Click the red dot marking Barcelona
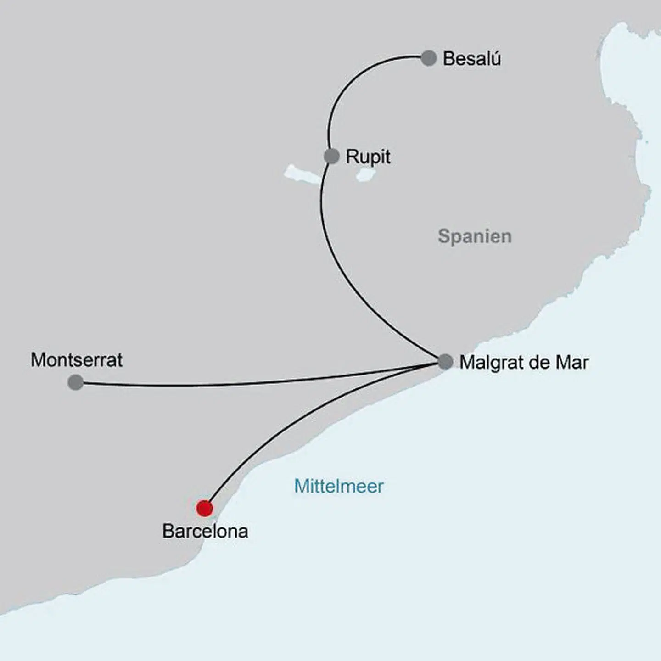pyautogui.click(x=204, y=508)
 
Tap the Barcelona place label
pyautogui.click(x=205, y=532)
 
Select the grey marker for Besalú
pyautogui.click(x=428, y=58)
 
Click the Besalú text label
pyautogui.click(x=471, y=59)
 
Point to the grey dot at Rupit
pyautogui.click(x=331, y=156)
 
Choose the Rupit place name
pyautogui.click(x=368, y=157)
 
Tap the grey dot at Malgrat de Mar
pyautogui.click(x=445, y=362)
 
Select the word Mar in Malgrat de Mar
pyautogui.click(x=572, y=363)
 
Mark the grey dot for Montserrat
pyautogui.click(x=76, y=382)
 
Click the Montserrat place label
pyautogui.click(x=77, y=360)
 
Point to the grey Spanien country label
pyautogui.click(x=475, y=236)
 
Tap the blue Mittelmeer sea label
pyautogui.click(x=339, y=486)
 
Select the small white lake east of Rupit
pyautogui.click(x=367, y=174)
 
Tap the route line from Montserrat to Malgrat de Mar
pyautogui.click(x=257, y=383)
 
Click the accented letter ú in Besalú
pyautogui.click(x=495, y=59)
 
